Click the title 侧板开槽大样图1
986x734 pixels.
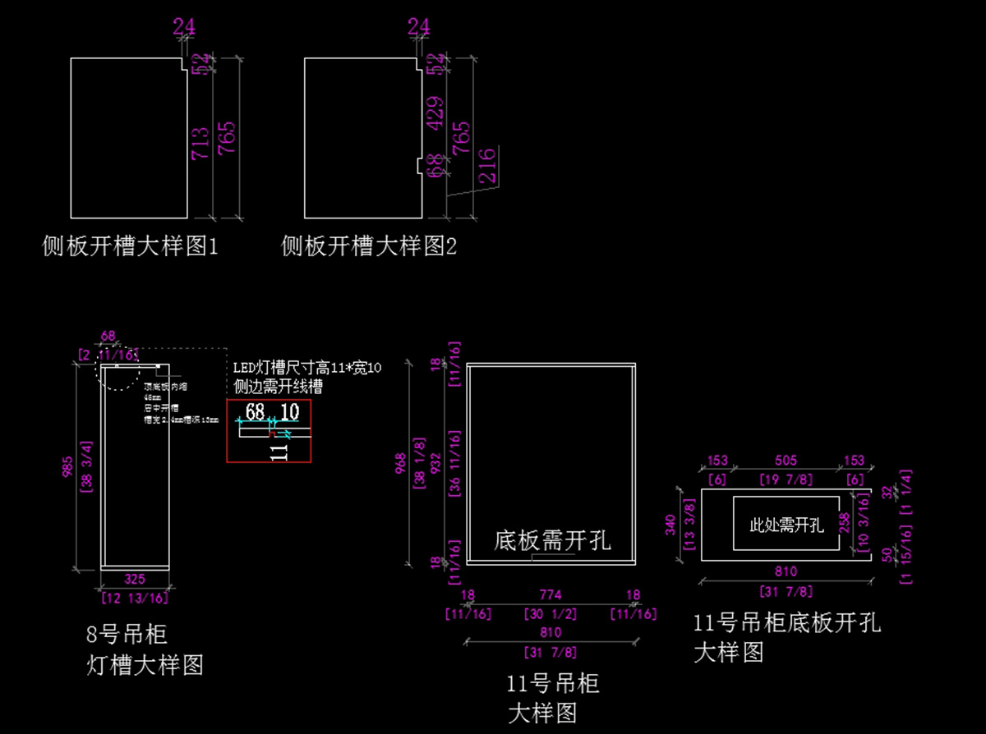131,245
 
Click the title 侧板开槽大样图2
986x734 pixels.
369,245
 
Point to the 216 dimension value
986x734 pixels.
486,164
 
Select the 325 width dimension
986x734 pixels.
136,579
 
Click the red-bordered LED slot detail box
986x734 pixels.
269,432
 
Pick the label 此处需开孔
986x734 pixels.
786,525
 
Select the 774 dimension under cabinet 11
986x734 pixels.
551,595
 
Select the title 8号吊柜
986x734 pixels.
127,634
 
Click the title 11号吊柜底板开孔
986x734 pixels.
787,622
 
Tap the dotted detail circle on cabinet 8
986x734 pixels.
118,368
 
